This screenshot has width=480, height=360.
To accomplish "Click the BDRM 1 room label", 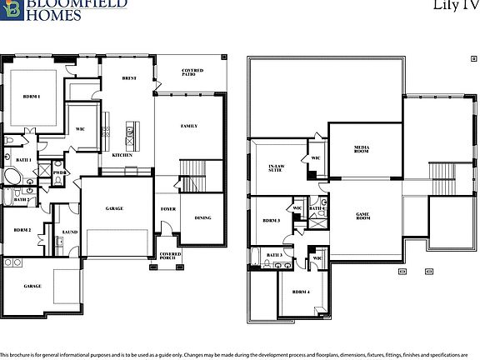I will pos(32,97).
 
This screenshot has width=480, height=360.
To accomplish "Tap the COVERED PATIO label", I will pos(192,73).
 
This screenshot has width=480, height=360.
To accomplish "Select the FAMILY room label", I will pos(189,126).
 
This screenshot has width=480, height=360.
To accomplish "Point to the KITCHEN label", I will pos(122,156).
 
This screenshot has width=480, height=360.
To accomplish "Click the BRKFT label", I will pos(129,78).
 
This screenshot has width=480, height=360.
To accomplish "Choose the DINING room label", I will pos(202,218).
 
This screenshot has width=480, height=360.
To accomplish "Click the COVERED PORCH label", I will pos(170,256).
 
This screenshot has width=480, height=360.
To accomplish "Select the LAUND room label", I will pos(70,233).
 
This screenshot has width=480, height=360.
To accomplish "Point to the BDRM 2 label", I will pos(22,230).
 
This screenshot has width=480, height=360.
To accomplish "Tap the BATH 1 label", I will pos(23,159).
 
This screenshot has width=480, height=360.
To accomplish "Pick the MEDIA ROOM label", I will pos(362,148).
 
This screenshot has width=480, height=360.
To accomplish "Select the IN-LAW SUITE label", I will pos(277,168).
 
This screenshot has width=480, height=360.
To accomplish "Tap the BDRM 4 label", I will pos(301,292).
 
